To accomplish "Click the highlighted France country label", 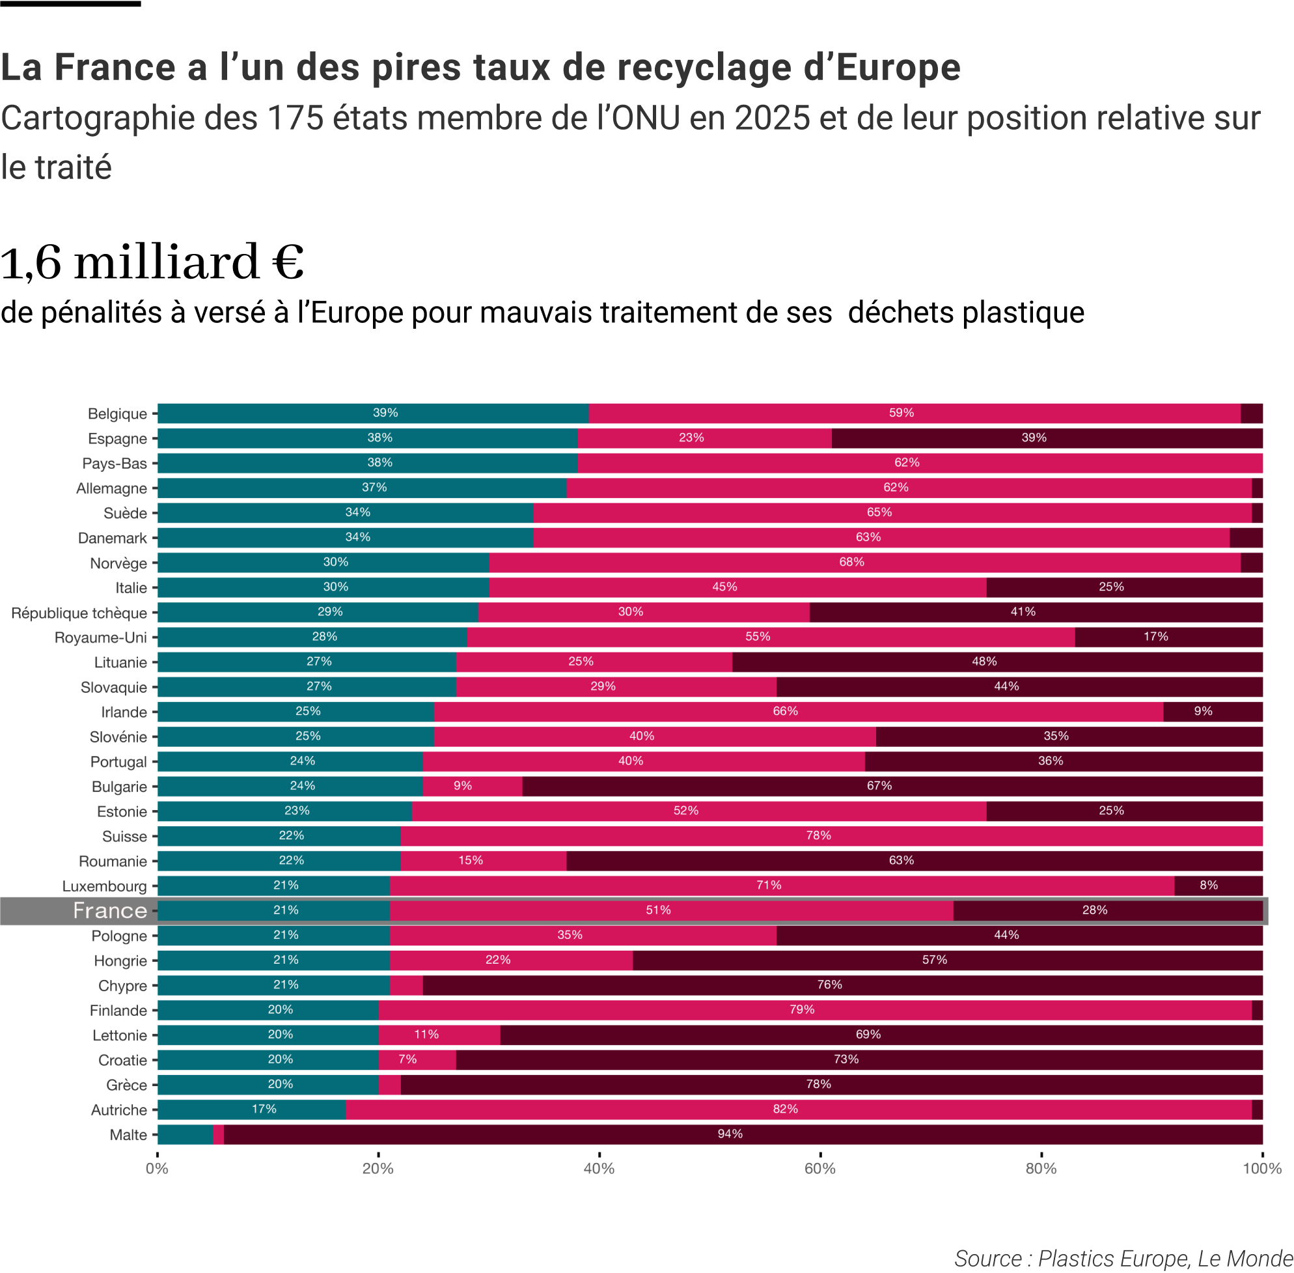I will point(110,910).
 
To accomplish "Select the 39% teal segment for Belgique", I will point(373,413).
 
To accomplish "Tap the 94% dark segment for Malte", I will point(743,1134).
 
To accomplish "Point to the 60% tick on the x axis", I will point(820,1169).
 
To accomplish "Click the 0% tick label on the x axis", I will point(157,1169).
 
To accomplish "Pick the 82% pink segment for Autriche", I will point(798,1109).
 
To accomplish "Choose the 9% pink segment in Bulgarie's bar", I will point(473,787).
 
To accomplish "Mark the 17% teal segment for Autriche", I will point(251,1109).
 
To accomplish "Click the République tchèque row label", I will point(79,613).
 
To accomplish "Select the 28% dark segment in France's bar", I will point(1108,910).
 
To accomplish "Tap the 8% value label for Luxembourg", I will point(1209,885).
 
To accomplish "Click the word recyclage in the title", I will point(695,68).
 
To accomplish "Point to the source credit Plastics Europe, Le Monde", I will point(1123,1258).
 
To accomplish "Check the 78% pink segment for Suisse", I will point(831,835).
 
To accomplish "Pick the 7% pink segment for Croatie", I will point(417,1059).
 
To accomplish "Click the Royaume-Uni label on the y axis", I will point(100,638).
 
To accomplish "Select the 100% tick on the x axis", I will point(1262,1169).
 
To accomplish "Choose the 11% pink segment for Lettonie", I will point(439,1035).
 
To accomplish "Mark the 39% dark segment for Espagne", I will point(1047,438).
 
